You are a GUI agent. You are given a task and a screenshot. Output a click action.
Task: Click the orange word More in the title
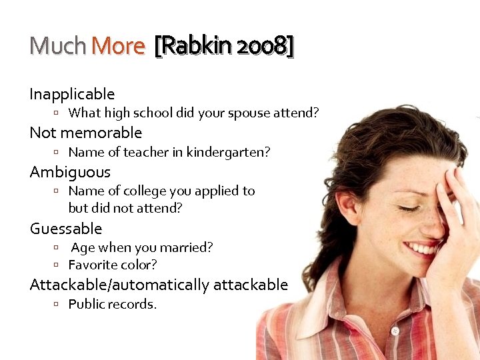click(x=118, y=46)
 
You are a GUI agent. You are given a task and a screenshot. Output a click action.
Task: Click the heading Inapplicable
click(x=72, y=94)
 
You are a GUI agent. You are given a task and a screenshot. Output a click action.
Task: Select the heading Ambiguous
click(x=70, y=172)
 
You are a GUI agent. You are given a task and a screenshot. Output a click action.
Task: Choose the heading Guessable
click(x=66, y=229)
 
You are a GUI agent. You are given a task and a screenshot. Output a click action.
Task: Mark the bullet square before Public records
click(x=58, y=305)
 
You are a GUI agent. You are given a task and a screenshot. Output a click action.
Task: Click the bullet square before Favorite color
click(x=58, y=265)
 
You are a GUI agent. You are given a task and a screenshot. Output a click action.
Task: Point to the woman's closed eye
click(x=409, y=208)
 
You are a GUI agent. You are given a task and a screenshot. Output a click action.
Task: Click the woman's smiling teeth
click(x=422, y=249)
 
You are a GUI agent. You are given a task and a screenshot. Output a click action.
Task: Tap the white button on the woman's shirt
click(x=395, y=331)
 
